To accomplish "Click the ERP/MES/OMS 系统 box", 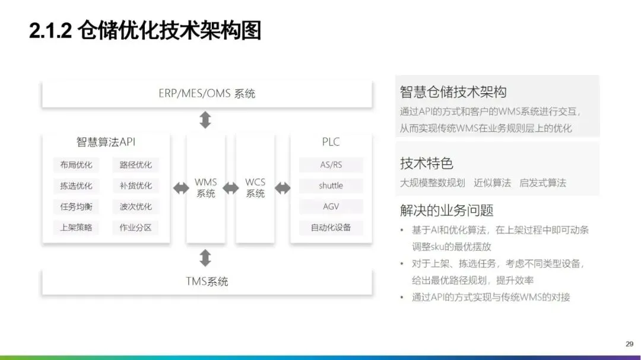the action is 207,94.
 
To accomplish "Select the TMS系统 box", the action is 207,282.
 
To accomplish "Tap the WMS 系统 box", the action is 206,188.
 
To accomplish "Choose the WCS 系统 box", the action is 255,188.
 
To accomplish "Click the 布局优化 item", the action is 76,165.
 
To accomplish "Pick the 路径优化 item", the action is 135,165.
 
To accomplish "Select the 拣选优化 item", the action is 76,186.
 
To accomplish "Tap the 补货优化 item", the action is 135,186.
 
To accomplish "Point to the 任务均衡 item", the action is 76,206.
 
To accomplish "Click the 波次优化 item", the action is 135,206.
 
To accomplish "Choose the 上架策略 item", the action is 76,227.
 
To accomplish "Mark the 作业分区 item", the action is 135,227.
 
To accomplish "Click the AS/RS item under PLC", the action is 331,165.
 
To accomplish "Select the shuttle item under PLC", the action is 331,186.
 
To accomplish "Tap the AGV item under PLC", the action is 331,206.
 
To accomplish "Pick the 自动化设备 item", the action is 331,227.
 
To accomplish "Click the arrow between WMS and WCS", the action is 230,188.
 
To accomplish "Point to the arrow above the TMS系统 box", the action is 205,257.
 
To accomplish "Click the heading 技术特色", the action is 427,164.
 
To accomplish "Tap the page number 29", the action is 629,343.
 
